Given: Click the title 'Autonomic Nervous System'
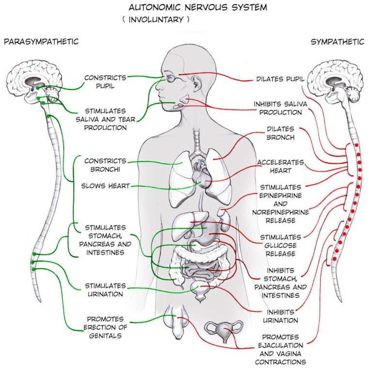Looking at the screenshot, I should pyautogui.click(x=186, y=8).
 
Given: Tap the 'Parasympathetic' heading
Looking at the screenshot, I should pyautogui.click(x=41, y=42).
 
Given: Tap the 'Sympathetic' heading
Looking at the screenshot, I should pyautogui.click(x=337, y=42).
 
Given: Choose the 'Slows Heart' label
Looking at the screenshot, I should pyautogui.click(x=106, y=185).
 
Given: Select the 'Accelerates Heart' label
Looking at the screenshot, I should pyautogui.click(x=280, y=166).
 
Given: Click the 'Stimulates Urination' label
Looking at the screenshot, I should pyautogui.click(x=105, y=290).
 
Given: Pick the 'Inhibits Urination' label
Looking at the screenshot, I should pyautogui.click(x=280, y=316).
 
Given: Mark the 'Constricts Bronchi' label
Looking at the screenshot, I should pyautogui.click(x=105, y=165).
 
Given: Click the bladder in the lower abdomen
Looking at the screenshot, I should pyautogui.click(x=200, y=289).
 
